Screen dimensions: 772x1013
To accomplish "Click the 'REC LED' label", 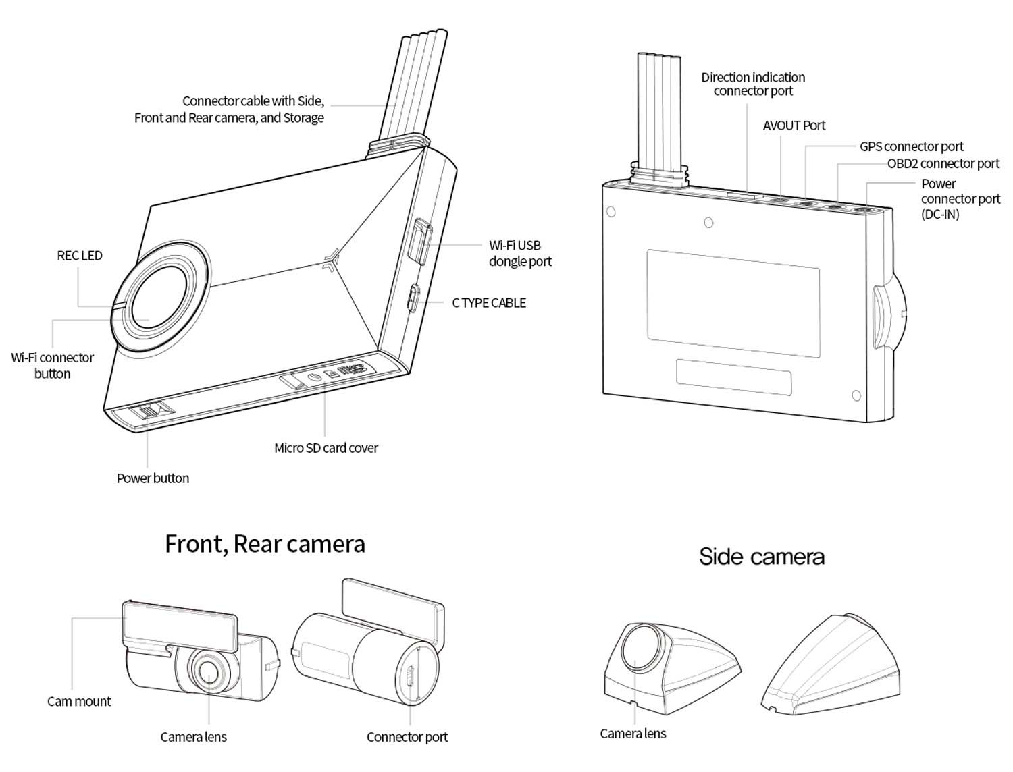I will click(x=80, y=256).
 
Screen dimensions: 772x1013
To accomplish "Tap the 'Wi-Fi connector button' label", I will click(x=52, y=365).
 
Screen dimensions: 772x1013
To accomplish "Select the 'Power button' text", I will click(x=153, y=478).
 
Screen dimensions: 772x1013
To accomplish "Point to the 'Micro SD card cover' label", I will click(x=326, y=448).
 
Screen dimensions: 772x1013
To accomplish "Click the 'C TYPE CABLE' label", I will click(x=489, y=303).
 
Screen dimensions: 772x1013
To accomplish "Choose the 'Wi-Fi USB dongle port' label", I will click(x=520, y=253).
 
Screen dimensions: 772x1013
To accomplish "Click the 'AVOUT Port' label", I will click(x=794, y=126).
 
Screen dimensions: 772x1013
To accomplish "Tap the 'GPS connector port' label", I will click(x=911, y=146).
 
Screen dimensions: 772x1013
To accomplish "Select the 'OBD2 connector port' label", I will click(x=943, y=163).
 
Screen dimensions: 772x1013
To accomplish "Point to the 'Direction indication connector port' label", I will click(x=753, y=84).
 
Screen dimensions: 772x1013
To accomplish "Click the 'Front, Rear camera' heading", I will click(x=265, y=544).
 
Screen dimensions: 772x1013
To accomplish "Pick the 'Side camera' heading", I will click(x=762, y=557).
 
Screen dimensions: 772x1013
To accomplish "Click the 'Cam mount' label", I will click(x=79, y=702).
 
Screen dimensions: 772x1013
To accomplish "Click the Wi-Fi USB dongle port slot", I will click(x=420, y=240).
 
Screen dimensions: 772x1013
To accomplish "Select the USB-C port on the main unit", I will click(x=413, y=297).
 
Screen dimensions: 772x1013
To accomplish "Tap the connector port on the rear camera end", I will click(x=410, y=675).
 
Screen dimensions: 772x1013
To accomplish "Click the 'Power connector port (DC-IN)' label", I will click(x=960, y=199).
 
